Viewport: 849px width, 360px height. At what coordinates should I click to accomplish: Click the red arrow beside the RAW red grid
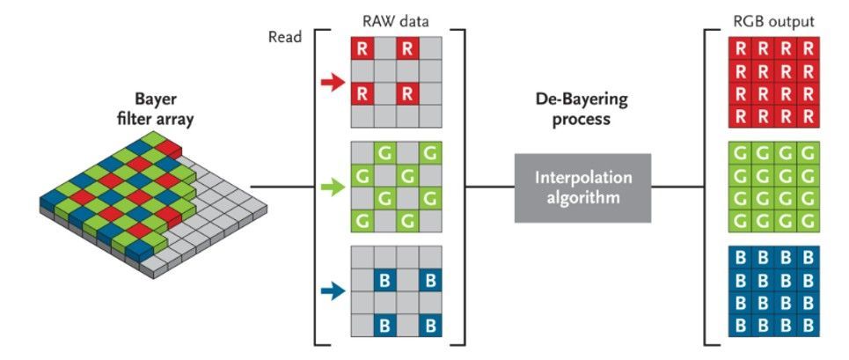(x=333, y=83)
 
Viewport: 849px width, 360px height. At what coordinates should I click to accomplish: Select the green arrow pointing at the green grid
(x=333, y=187)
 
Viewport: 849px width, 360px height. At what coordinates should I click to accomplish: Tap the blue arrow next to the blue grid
(x=333, y=293)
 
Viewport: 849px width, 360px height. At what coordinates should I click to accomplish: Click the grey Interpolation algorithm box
(x=582, y=187)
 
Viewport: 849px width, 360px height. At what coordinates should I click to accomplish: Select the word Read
(x=285, y=39)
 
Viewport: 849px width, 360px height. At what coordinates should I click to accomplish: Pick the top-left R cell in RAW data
(x=362, y=48)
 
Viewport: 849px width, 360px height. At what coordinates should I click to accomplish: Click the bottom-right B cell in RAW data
(x=431, y=325)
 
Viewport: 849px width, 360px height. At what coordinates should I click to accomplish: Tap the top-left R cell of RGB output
(x=740, y=48)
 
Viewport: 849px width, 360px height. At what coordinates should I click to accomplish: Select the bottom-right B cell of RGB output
(x=809, y=325)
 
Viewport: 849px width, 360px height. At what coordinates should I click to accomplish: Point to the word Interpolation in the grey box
(x=582, y=178)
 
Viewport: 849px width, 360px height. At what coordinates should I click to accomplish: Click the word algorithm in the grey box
(x=582, y=197)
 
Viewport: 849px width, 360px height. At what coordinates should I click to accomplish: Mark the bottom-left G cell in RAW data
(x=362, y=221)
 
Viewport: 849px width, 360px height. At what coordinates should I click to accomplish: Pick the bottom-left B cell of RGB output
(x=740, y=325)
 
